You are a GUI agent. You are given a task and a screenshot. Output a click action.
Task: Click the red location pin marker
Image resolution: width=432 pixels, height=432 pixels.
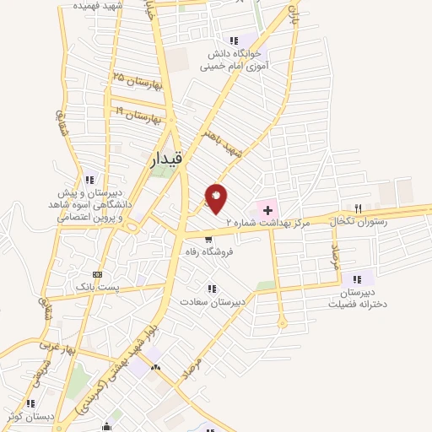217,197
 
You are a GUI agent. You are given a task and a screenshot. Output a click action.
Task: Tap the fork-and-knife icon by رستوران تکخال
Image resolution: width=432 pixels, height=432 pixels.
359,208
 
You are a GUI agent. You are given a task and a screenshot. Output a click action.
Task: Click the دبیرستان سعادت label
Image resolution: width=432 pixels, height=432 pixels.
212,300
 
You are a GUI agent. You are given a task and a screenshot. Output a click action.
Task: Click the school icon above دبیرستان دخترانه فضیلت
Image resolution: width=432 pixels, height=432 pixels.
358,278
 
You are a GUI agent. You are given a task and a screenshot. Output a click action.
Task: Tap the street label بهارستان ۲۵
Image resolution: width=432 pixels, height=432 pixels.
135,82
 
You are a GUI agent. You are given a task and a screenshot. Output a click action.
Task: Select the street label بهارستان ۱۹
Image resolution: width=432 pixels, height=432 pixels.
132,114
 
